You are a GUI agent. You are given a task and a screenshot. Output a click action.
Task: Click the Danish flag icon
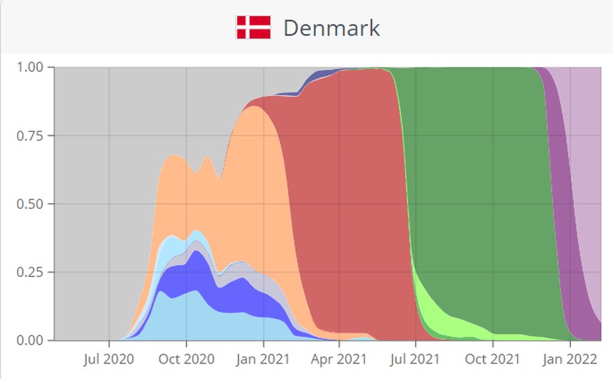pos(253,27)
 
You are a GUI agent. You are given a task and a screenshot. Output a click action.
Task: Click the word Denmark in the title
pos(331,28)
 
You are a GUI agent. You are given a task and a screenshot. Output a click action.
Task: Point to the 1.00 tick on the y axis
pos(29,68)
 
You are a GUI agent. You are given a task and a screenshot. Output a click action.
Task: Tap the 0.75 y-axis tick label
pos(29,136)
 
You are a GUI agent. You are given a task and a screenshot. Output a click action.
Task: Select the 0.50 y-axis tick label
pos(29,204)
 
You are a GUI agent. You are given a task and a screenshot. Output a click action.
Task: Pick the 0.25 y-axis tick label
pos(29,272)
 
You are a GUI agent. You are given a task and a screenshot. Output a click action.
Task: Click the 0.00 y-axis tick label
pos(29,340)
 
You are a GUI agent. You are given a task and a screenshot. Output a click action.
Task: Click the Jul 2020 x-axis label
pos(109,359)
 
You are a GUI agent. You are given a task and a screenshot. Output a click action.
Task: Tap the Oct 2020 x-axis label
pos(186,359)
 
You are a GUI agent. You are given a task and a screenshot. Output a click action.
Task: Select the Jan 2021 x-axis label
pos(263,359)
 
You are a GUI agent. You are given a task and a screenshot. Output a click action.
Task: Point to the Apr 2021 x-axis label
pos(339,359)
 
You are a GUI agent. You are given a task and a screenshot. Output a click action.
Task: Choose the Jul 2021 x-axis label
pos(415,359)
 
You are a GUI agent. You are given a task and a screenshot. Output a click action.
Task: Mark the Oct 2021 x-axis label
pos(492,359)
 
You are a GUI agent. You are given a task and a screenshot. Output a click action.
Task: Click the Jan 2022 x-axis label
pos(569,359)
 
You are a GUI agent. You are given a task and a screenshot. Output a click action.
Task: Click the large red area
pos(351,197)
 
